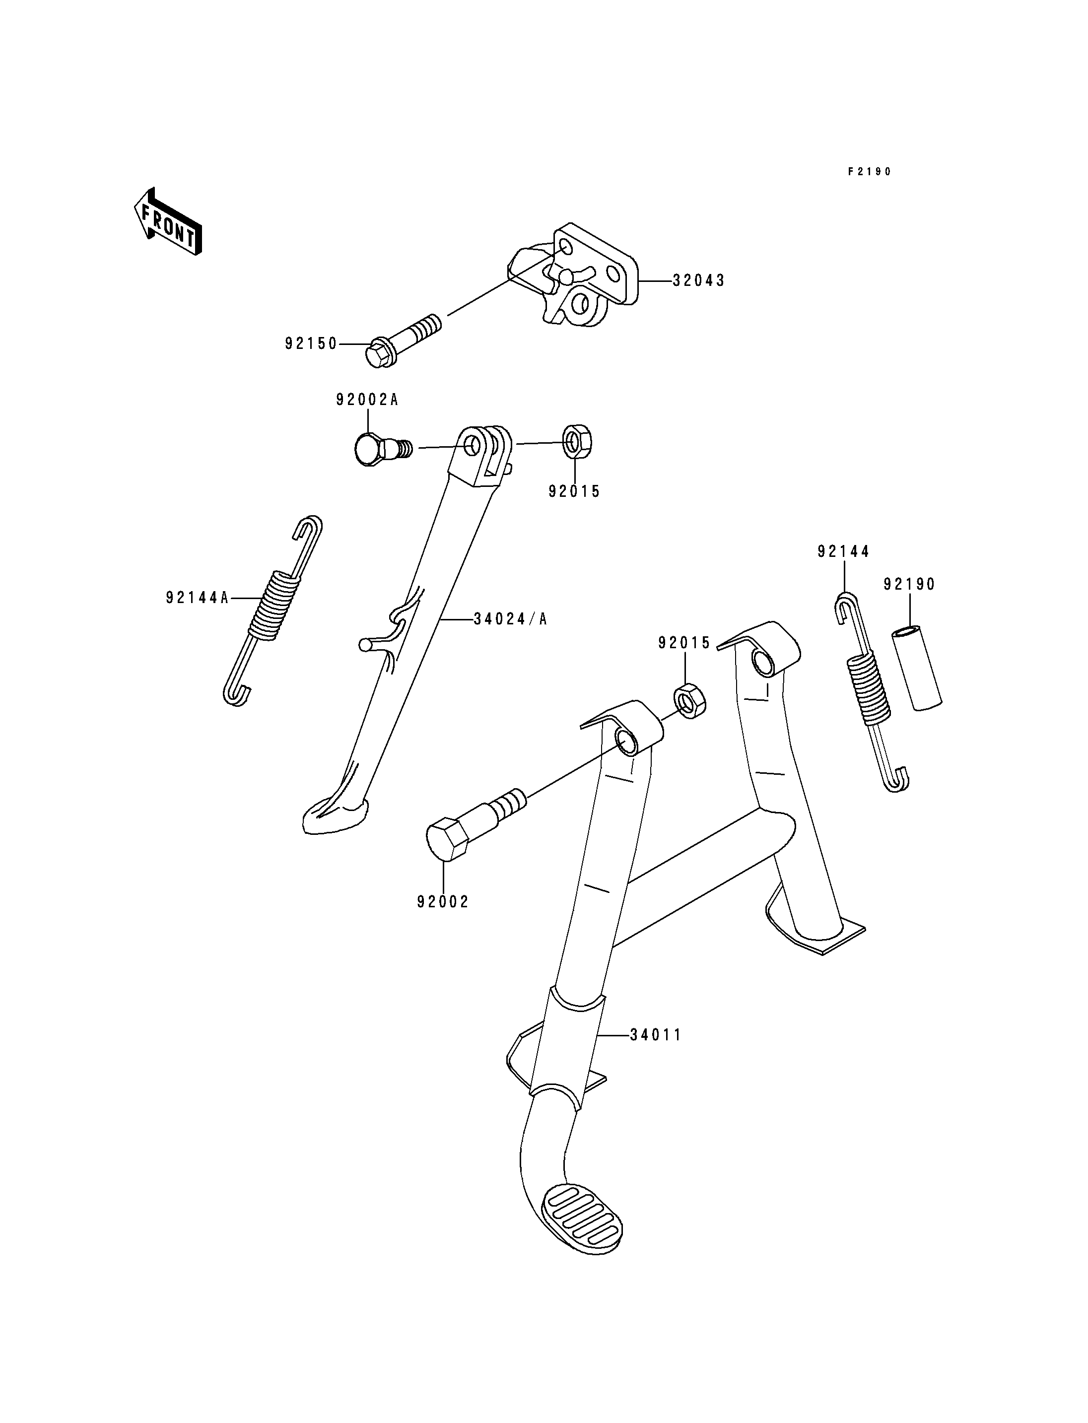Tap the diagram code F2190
870,172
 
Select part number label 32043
699,280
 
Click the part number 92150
312,344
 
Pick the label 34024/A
510,619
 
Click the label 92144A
198,598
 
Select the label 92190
910,584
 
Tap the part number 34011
656,1035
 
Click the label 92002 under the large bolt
443,902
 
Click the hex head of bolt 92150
379,353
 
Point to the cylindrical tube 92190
917,667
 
